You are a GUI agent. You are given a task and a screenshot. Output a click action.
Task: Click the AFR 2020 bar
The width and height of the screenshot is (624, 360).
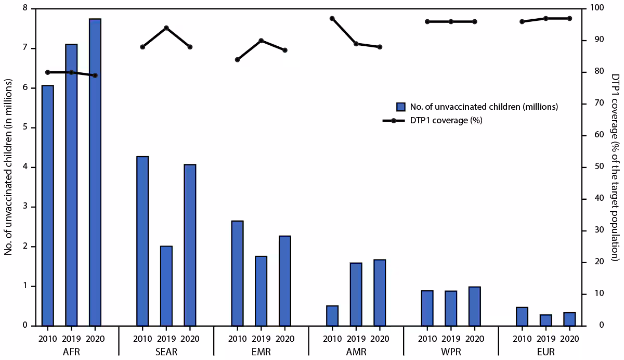(95, 172)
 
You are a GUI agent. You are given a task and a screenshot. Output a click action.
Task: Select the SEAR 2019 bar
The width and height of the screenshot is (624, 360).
(166, 286)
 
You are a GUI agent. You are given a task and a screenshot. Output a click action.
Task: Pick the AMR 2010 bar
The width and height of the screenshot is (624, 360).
(332, 315)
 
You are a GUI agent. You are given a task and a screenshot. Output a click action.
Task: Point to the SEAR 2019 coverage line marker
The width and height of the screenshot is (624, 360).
(166, 28)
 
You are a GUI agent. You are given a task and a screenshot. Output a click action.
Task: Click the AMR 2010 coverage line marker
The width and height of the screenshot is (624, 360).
(332, 18)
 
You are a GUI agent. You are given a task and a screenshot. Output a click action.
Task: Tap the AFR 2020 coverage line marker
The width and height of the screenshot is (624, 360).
(95, 75)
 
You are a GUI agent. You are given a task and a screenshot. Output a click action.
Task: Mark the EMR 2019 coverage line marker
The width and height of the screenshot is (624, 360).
(261, 41)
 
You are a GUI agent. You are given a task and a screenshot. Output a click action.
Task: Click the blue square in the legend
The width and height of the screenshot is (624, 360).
(401, 107)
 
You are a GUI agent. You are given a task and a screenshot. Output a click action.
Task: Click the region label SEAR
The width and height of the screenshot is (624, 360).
(166, 352)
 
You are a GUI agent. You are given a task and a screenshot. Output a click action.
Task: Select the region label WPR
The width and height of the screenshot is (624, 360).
(451, 352)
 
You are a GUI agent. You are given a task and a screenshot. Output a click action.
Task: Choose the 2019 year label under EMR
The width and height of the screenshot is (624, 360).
(261, 338)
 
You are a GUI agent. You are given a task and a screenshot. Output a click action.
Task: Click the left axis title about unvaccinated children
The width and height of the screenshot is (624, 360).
(9, 167)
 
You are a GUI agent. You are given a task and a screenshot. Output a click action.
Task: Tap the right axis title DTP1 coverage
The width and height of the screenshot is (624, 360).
(615, 167)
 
